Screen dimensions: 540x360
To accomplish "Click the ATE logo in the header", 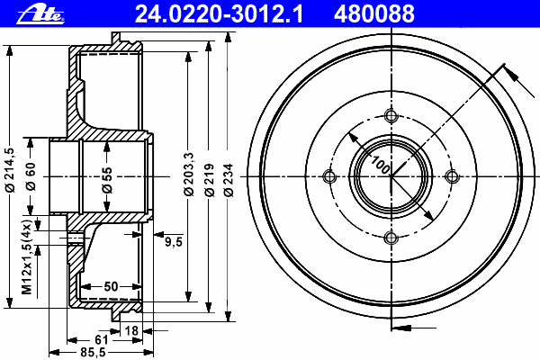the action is pyautogui.click(x=40, y=14).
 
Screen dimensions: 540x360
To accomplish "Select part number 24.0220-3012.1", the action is pyautogui.click(x=219, y=13).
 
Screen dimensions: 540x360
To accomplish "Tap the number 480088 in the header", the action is pyautogui.click(x=374, y=13).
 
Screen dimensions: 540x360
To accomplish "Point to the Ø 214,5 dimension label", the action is pyautogui.click(x=9, y=170).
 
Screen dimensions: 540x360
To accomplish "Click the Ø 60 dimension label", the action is pyautogui.click(x=31, y=176).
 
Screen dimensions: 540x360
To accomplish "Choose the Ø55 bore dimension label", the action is pyautogui.click(x=107, y=179).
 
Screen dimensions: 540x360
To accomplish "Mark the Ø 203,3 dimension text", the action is pyautogui.click(x=189, y=175).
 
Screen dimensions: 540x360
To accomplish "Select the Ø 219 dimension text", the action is pyautogui.click(x=210, y=180).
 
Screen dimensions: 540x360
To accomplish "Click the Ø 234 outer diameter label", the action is pyautogui.click(x=229, y=180).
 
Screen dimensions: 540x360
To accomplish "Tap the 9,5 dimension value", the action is pyautogui.click(x=173, y=242).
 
